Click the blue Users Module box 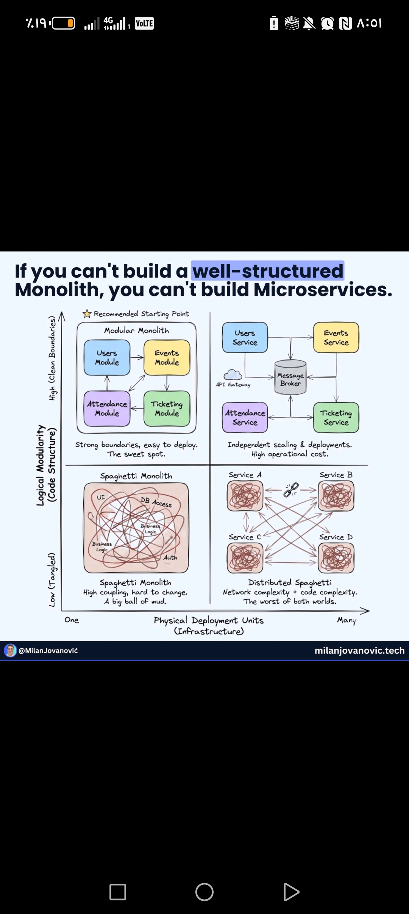click(x=107, y=358)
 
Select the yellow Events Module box click(x=167, y=358)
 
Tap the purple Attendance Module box click(x=107, y=408)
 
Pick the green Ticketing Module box click(x=167, y=408)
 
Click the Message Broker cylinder click(x=290, y=378)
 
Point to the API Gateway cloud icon click(x=233, y=375)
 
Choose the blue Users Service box click(x=245, y=338)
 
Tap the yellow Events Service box click(x=336, y=338)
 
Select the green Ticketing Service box click(x=336, y=418)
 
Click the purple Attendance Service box click(x=245, y=418)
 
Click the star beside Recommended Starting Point click(x=87, y=314)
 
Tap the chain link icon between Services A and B click(x=291, y=490)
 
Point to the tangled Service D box click(x=336, y=558)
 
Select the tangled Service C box click(x=245, y=558)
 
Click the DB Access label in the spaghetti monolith click(x=156, y=502)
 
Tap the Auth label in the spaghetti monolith click(x=170, y=557)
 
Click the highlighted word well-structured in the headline click(x=268, y=271)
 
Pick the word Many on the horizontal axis click(x=347, y=620)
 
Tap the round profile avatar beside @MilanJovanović click(x=10, y=650)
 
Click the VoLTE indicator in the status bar click(x=144, y=23)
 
